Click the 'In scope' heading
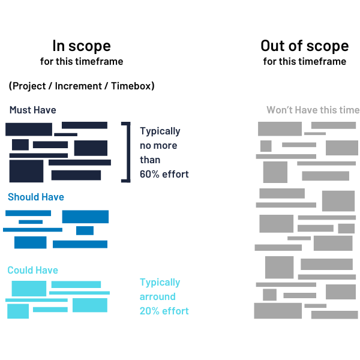pyautogui.click(x=82, y=46)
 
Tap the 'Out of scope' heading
pyautogui.click(x=305, y=46)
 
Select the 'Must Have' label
pyautogui.click(x=32, y=110)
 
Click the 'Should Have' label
pyautogui.click(x=36, y=197)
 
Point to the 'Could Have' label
pyautogui.click(x=32, y=270)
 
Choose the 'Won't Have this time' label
pyautogui.click(x=313, y=110)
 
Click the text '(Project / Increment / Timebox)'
pyautogui.click(x=82, y=86)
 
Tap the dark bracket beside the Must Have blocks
pyautogui.click(x=128, y=152)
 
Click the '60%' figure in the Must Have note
pyautogui.click(x=149, y=174)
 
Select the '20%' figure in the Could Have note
pyautogui.click(x=149, y=311)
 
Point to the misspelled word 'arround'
pyautogui.click(x=157, y=296)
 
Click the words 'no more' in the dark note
pyautogui.click(x=158, y=146)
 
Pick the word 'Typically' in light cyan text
pyautogui.click(x=160, y=283)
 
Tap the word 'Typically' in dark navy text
pyautogui.click(x=160, y=131)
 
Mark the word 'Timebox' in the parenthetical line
pyautogui.click(x=131, y=86)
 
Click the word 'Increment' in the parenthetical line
pyautogui.click(x=78, y=86)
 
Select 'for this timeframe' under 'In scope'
pyautogui.click(x=82, y=62)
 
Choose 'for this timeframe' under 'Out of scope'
pyautogui.click(x=305, y=62)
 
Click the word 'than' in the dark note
pyautogui.click(x=150, y=160)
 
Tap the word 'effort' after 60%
pyautogui.click(x=175, y=174)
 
